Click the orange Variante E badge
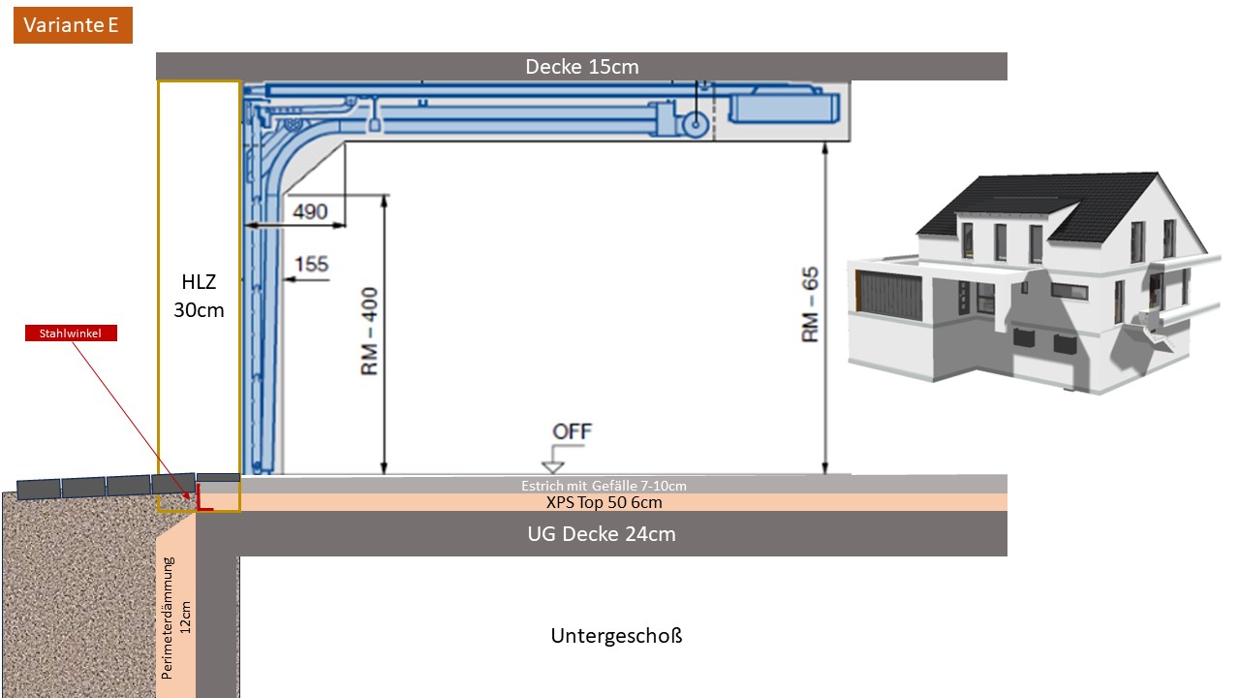tap(73, 25)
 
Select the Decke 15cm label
tap(582, 67)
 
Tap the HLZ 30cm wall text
tap(199, 296)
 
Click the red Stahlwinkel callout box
tap(71, 333)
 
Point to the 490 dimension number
tap(310, 211)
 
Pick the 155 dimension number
tap(311, 264)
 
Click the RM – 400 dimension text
tap(369, 332)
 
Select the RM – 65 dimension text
tap(810, 304)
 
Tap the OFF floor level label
tap(572, 431)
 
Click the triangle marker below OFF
tap(552, 466)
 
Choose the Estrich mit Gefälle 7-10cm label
tap(604, 486)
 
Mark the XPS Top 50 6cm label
tap(604, 502)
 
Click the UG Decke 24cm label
tap(602, 534)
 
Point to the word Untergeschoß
tap(616, 635)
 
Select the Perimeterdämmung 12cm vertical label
tap(176, 618)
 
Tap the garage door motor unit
tap(784, 108)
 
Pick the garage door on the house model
tap(889, 295)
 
